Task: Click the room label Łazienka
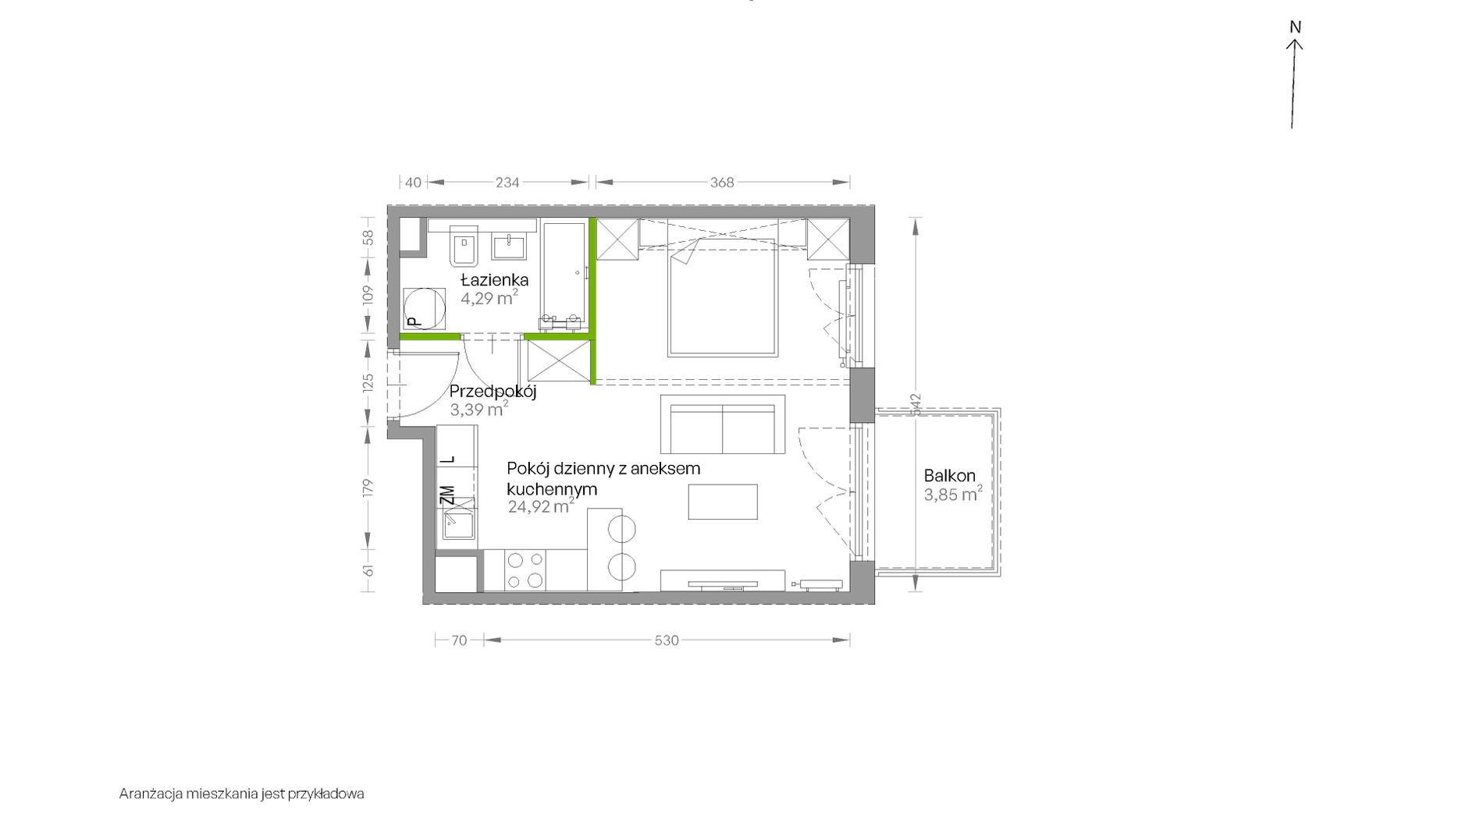coord(494,280)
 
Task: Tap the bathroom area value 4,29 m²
coord(489,298)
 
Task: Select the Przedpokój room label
coord(493,392)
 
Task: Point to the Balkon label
coord(950,476)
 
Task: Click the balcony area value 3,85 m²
coord(953,495)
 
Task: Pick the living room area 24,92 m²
coord(542,507)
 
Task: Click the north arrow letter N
coord(1296,27)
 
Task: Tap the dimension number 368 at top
coord(722,183)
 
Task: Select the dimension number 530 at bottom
coord(667,641)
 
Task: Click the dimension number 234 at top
coord(507,183)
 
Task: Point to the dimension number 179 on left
coord(369,488)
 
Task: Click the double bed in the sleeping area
coord(724,297)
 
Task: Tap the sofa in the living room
coord(723,424)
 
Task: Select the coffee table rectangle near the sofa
coord(723,502)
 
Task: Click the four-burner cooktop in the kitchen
coord(525,570)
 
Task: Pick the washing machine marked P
coord(424,309)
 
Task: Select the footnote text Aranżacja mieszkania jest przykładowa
coord(242,794)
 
